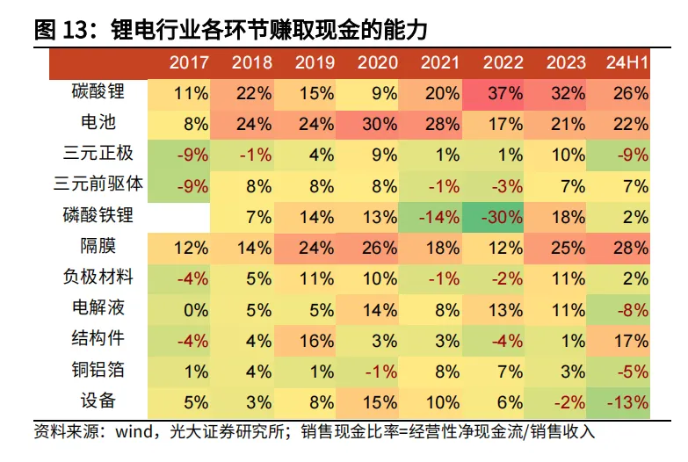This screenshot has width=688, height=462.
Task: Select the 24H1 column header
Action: tap(627, 62)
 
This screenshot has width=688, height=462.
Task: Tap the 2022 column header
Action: tap(503, 62)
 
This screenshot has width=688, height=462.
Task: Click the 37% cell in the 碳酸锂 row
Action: tap(503, 92)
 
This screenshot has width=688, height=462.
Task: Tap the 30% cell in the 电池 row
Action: tap(379, 123)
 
